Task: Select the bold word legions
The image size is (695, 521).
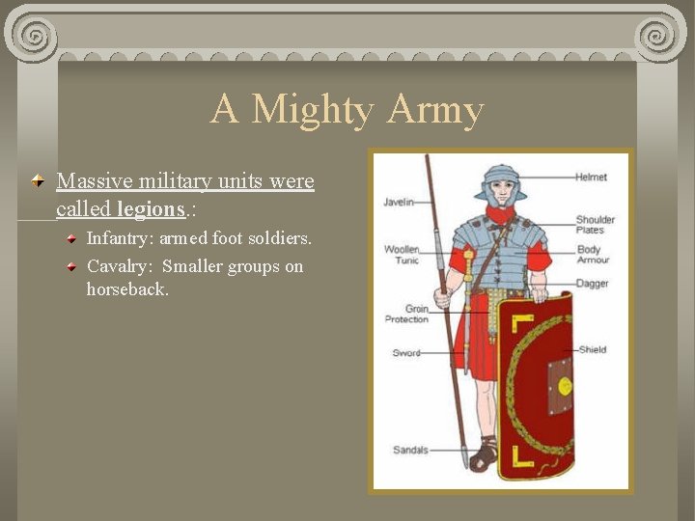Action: click(x=150, y=208)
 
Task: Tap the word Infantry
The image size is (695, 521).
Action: click(x=119, y=237)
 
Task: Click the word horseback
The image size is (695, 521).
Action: click(x=127, y=288)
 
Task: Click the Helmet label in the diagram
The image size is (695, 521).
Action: click(x=591, y=178)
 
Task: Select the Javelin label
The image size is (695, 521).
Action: click(x=399, y=202)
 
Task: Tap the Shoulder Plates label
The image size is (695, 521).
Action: click(x=595, y=225)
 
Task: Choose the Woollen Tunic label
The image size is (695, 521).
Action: click(x=402, y=255)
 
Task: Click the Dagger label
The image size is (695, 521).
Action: click(x=592, y=284)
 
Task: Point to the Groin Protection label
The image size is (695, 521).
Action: click(x=406, y=315)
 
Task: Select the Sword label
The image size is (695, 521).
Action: click(x=406, y=353)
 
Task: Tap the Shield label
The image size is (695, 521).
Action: click(x=592, y=349)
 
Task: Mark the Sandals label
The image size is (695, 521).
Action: click(x=410, y=450)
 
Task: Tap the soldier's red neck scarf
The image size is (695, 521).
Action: click(x=500, y=214)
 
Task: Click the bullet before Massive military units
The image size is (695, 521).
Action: click(x=39, y=181)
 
